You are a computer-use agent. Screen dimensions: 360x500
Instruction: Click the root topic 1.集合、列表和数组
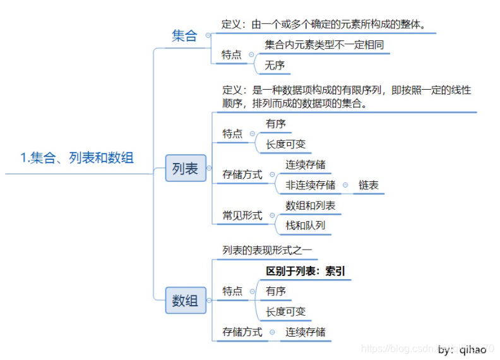pos(77,158)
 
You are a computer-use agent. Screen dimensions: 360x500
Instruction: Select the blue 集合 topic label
pos(184,36)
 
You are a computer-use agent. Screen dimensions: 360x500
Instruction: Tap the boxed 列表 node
pos(185,169)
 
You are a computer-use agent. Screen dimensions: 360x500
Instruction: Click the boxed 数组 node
pos(185,301)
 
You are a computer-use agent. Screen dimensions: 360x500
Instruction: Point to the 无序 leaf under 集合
pos(275,65)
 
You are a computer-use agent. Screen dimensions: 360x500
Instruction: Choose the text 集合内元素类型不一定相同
pos(324,45)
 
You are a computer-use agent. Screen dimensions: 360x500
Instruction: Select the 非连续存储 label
pos(310,185)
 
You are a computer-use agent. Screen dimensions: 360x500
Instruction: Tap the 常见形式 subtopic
pos(242,215)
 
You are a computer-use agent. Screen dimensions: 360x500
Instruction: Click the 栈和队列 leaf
pos(306,225)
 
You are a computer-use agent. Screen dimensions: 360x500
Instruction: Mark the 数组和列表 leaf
pos(310,205)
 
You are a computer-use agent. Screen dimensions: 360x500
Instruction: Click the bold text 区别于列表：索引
pos(306,271)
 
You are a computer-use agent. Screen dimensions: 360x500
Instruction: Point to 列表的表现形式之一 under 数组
pos(266,250)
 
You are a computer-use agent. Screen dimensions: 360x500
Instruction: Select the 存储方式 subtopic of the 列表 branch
pos(242,174)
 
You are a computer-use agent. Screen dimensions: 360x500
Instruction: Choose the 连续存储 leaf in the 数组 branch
pos(306,332)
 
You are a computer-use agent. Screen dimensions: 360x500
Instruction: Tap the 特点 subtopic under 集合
pos(232,55)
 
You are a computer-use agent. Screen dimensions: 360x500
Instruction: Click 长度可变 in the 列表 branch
pos(285,144)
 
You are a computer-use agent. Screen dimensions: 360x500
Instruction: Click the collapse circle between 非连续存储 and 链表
pos(345,185)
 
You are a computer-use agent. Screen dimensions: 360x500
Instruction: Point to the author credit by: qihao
pos(463,349)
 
